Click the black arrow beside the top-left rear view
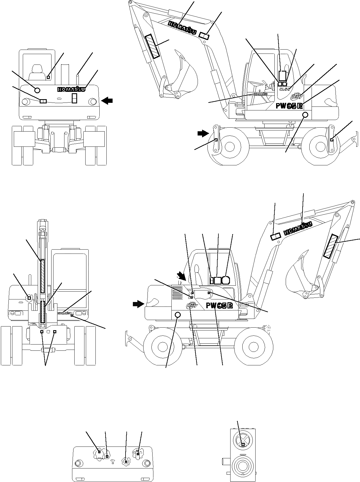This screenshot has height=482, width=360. [108, 100]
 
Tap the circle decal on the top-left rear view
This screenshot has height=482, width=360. [37, 90]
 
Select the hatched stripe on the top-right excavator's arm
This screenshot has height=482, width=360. [152, 46]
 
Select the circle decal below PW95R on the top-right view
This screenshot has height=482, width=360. [305, 114]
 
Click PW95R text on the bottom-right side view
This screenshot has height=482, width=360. [219, 306]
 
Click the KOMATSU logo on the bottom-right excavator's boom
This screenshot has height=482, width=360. [298, 228]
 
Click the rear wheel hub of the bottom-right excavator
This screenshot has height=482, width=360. [162, 346]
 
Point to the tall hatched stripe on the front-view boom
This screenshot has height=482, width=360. [43, 276]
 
